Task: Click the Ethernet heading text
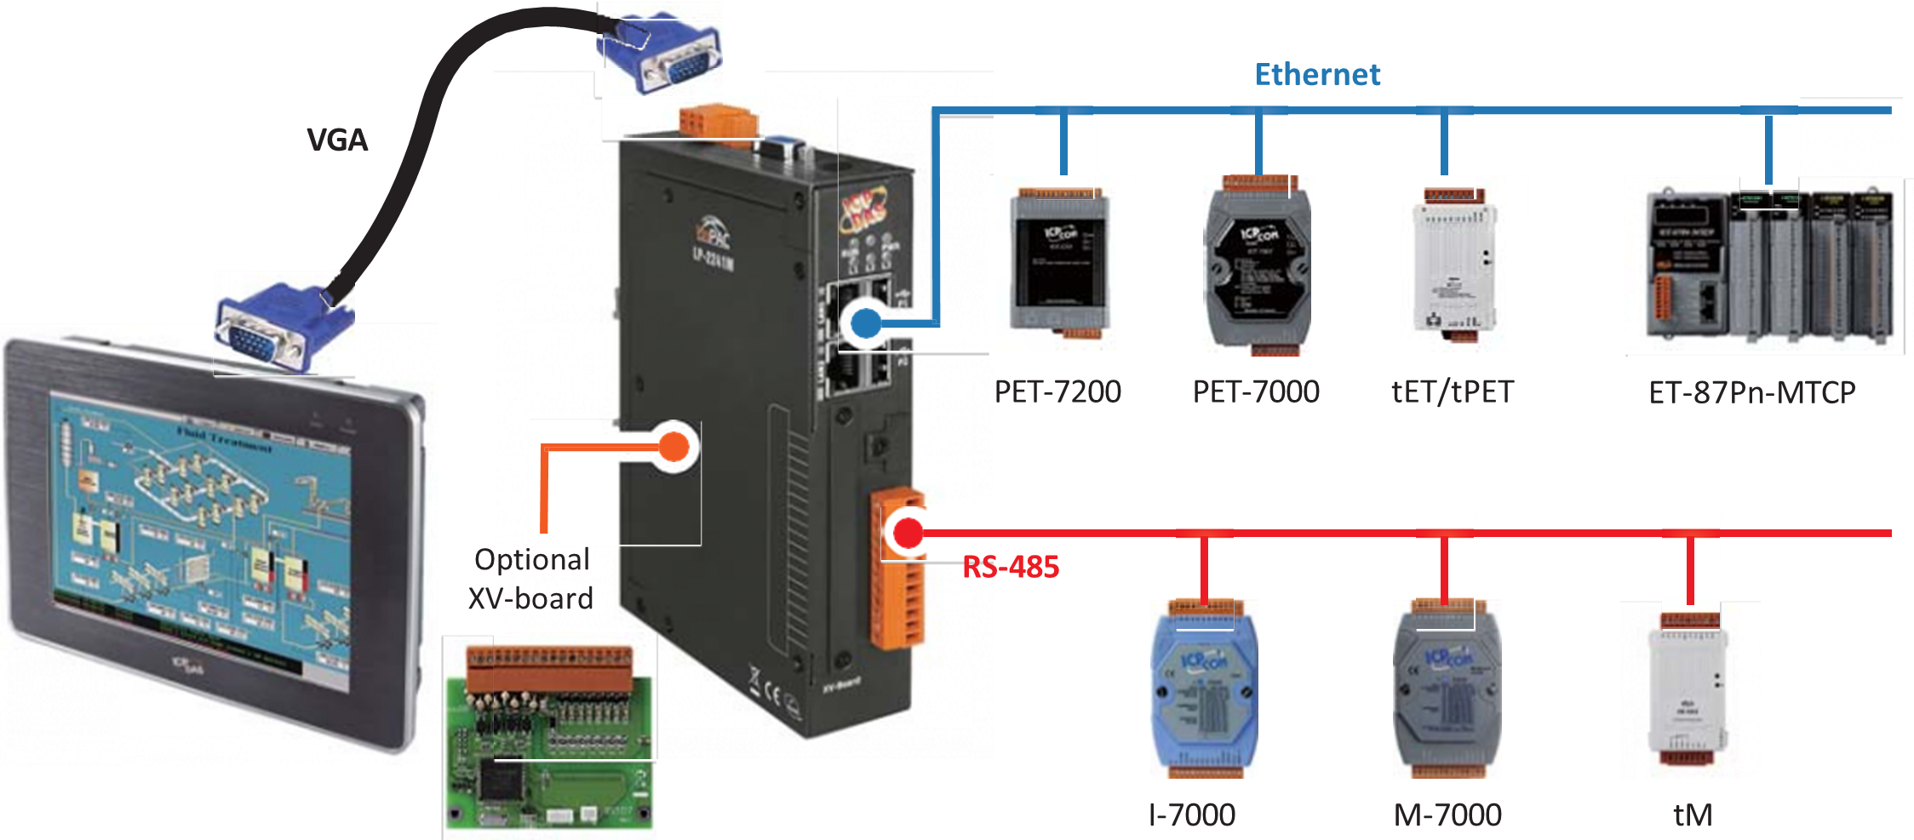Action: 1317,75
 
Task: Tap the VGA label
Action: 337,140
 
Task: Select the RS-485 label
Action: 1011,567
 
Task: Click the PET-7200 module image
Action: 1059,264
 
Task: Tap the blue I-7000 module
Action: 1203,689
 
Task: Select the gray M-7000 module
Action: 1447,689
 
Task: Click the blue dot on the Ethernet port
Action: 866,323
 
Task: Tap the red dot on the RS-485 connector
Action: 908,534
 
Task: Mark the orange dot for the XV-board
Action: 674,446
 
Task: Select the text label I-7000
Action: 1191,815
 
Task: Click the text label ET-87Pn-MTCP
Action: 1751,392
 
